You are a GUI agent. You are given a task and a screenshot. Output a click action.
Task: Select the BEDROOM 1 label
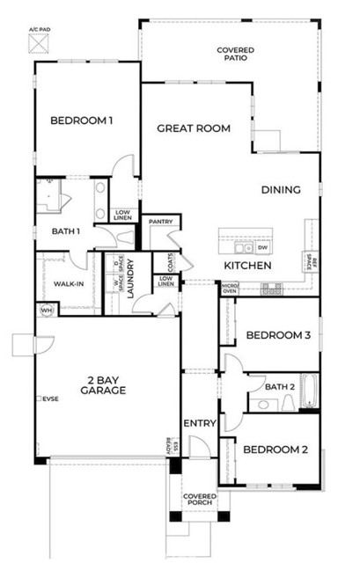(x=81, y=121)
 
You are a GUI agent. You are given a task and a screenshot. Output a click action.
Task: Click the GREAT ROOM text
(x=194, y=128)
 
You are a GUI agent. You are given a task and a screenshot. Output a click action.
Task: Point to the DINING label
(x=281, y=189)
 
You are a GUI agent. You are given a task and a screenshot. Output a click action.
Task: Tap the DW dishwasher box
(x=262, y=247)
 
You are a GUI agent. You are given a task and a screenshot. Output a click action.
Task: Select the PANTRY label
(x=160, y=222)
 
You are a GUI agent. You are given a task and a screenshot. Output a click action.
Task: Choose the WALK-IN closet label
(x=63, y=284)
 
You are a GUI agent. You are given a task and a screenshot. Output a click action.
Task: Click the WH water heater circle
(x=45, y=311)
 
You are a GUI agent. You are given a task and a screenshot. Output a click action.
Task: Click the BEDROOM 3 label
(x=276, y=335)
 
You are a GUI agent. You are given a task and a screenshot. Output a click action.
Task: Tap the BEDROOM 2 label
(x=275, y=450)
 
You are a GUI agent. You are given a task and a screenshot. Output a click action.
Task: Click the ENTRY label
(x=199, y=425)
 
